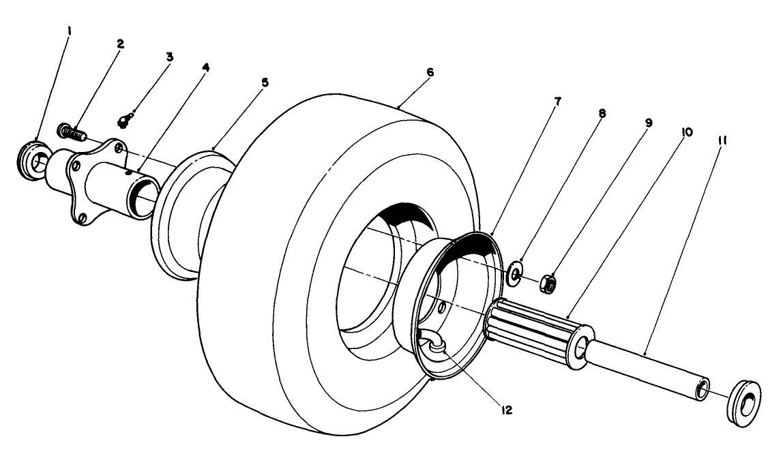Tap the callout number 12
coord(505,410)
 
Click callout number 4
coord(206,68)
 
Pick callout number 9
coord(648,123)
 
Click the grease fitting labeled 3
coord(123,121)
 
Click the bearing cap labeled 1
coord(31,161)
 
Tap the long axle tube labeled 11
coord(648,369)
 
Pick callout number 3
coord(169,57)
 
